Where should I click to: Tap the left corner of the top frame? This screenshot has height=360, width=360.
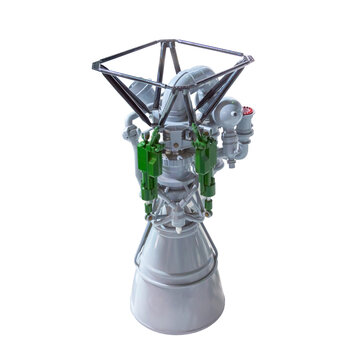pos(95,68)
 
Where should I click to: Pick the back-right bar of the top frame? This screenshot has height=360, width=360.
pos(215,50)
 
